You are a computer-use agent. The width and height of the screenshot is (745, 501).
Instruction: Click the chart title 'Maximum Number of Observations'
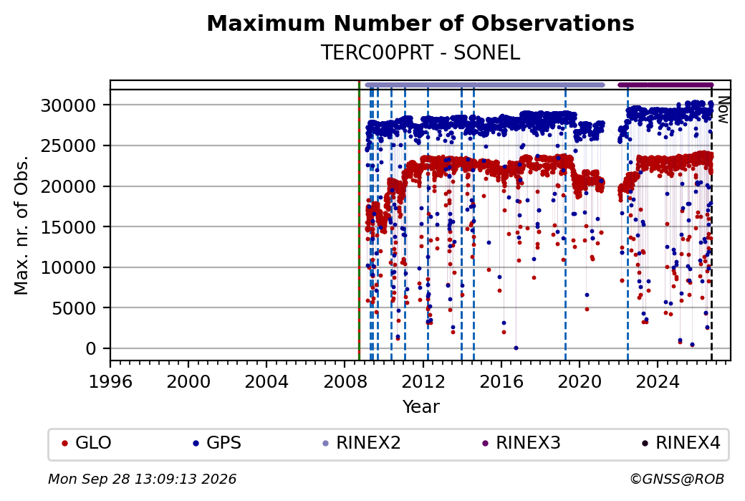420,23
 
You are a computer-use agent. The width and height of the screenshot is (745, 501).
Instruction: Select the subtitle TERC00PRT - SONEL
420,53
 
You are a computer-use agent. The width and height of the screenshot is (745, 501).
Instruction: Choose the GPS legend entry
217,443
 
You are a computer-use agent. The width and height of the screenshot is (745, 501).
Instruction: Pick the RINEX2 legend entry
362,443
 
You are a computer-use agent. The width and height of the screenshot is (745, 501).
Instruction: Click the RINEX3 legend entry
521,443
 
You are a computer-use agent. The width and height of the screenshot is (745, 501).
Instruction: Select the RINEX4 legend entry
681,443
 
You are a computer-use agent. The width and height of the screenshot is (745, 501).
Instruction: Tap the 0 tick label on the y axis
91,349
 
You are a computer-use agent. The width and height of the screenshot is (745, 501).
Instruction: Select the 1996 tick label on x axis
110,381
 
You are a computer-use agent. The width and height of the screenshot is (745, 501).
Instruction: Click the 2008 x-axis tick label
345,381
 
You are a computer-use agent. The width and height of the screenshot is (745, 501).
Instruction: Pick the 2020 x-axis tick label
580,381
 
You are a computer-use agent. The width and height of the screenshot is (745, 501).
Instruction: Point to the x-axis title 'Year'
421,407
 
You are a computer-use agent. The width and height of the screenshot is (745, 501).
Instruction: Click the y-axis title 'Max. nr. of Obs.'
21,225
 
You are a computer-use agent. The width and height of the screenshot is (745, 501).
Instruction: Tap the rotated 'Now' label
724,110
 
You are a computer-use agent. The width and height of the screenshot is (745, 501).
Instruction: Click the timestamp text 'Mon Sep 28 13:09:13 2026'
142,479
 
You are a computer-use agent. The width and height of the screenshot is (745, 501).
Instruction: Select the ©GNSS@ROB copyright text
677,479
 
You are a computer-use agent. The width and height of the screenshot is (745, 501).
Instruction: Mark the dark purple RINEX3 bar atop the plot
665,85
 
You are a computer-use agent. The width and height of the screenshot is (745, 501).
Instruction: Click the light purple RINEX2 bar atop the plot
485,85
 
